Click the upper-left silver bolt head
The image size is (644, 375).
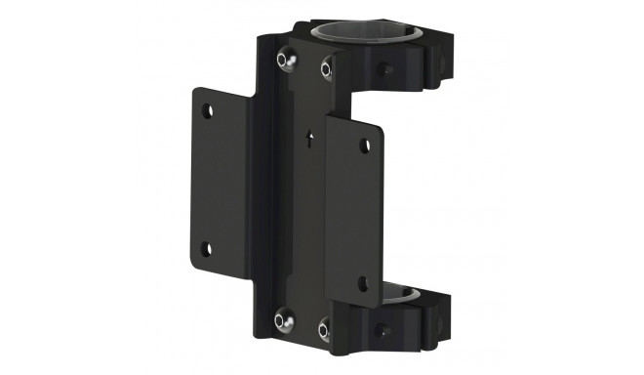(284, 60)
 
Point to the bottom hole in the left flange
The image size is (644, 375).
(206, 247)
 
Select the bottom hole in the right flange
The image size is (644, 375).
(362, 284)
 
